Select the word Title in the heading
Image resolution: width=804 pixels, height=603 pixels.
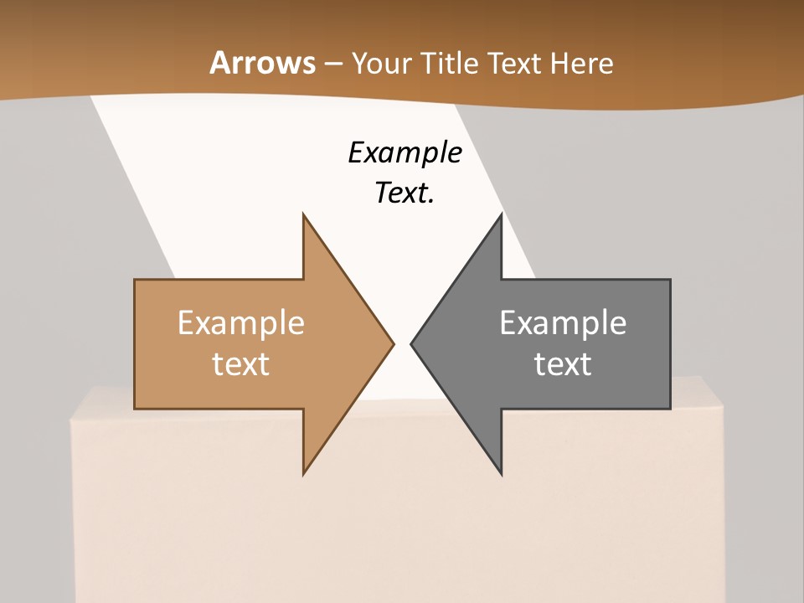tap(450, 63)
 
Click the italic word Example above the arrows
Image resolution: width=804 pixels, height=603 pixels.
tap(405, 153)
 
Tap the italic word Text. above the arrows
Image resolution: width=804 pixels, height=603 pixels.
tap(405, 193)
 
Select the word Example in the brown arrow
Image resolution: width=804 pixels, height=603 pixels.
tap(240, 322)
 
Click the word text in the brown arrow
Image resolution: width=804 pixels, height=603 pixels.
tap(240, 363)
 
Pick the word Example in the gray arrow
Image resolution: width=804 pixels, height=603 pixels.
tap(563, 322)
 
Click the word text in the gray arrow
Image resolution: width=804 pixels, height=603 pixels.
tap(563, 363)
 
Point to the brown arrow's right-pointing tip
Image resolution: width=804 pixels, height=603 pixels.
tap(393, 343)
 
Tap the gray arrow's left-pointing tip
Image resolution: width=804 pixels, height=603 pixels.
tap(411, 343)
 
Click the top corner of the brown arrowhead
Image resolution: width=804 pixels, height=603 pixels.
tap(303, 214)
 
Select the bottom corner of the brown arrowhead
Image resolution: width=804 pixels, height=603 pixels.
tap(303, 474)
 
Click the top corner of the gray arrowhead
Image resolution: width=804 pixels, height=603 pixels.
tap(501, 214)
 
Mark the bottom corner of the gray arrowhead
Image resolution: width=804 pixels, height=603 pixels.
tap(501, 474)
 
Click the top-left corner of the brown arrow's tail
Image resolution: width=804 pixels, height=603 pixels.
tap(135, 280)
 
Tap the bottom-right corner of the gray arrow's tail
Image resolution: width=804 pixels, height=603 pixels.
tap(670, 409)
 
